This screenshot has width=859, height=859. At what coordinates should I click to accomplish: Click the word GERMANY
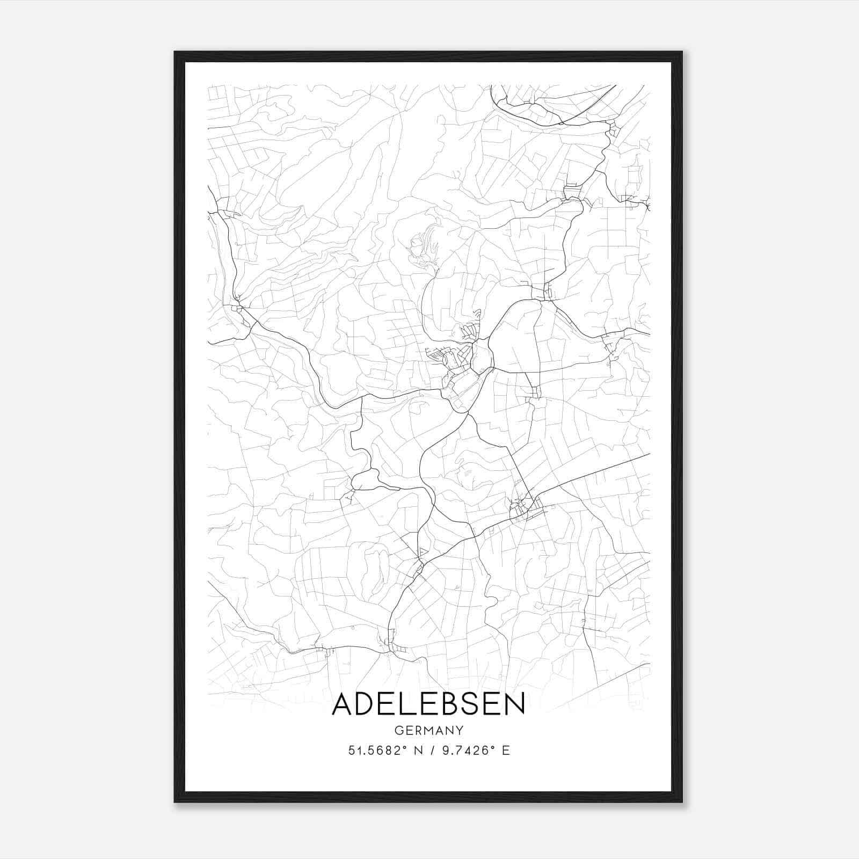[x=428, y=730]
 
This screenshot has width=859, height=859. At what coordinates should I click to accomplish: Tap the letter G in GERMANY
[x=398, y=730]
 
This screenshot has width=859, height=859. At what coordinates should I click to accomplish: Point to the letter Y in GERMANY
[x=460, y=730]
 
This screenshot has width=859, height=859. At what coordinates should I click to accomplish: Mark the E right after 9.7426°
[x=505, y=751]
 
